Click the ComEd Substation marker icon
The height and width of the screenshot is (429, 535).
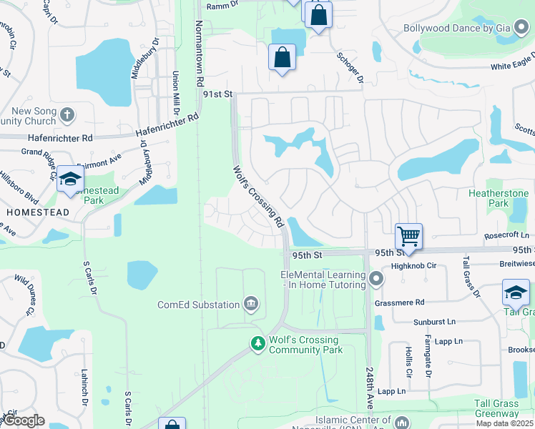pos(251,305)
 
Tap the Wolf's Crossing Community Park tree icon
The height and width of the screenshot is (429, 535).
pos(257,345)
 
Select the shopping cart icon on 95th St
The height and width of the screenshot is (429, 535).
pos(408,236)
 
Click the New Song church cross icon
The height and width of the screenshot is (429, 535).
pos(67,114)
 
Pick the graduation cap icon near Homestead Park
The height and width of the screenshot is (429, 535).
pos(70,179)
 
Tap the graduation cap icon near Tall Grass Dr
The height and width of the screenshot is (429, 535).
pos(516,292)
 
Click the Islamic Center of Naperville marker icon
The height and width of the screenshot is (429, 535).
pos(403,421)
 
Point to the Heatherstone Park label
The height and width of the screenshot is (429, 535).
pos(498,199)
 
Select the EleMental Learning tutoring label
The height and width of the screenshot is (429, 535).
pos(323,280)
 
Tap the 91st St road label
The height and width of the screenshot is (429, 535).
pos(218,94)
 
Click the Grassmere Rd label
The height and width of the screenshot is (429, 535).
pos(400,302)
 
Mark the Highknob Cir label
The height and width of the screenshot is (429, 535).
pos(408,265)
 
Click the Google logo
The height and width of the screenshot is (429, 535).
pos(24,421)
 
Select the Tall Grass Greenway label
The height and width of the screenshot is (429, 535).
pos(496,408)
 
